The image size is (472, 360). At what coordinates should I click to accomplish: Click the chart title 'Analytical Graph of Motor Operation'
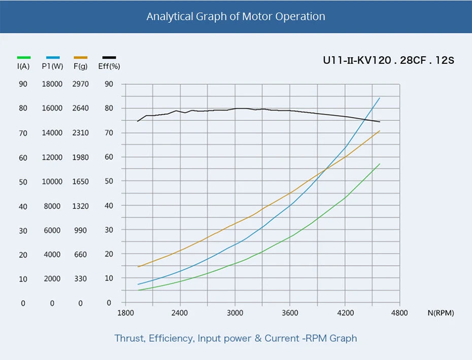(x=235, y=16)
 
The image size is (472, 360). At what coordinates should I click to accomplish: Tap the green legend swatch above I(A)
(x=24, y=58)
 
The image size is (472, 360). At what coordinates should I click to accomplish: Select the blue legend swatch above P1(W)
(x=53, y=58)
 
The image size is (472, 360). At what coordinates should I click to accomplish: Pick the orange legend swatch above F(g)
(x=81, y=58)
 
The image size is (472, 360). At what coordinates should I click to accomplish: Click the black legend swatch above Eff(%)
(x=109, y=58)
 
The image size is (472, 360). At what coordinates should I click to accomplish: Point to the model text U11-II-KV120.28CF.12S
(x=388, y=60)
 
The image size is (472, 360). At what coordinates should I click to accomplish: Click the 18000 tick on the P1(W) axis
(x=52, y=84)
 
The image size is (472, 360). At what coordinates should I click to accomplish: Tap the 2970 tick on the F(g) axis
(x=80, y=84)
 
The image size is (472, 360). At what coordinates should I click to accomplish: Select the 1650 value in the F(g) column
(x=80, y=182)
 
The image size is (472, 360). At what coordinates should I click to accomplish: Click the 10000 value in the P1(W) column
(x=52, y=182)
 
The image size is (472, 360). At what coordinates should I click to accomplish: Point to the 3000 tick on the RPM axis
(x=234, y=313)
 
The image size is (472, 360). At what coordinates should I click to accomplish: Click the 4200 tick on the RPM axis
(x=345, y=313)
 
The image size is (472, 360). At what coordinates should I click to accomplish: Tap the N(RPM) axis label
(x=441, y=313)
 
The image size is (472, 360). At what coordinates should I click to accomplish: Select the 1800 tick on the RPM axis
(x=125, y=313)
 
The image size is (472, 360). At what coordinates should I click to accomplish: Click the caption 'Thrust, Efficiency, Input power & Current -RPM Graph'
(x=235, y=338)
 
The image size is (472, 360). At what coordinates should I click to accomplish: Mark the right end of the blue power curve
(x=380, y=98)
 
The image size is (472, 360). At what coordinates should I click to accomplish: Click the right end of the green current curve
(x=380, y=164)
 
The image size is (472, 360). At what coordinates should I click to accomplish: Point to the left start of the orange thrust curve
(x=138, y=267)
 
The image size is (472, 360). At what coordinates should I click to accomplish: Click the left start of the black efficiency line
(x=138, y=121)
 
